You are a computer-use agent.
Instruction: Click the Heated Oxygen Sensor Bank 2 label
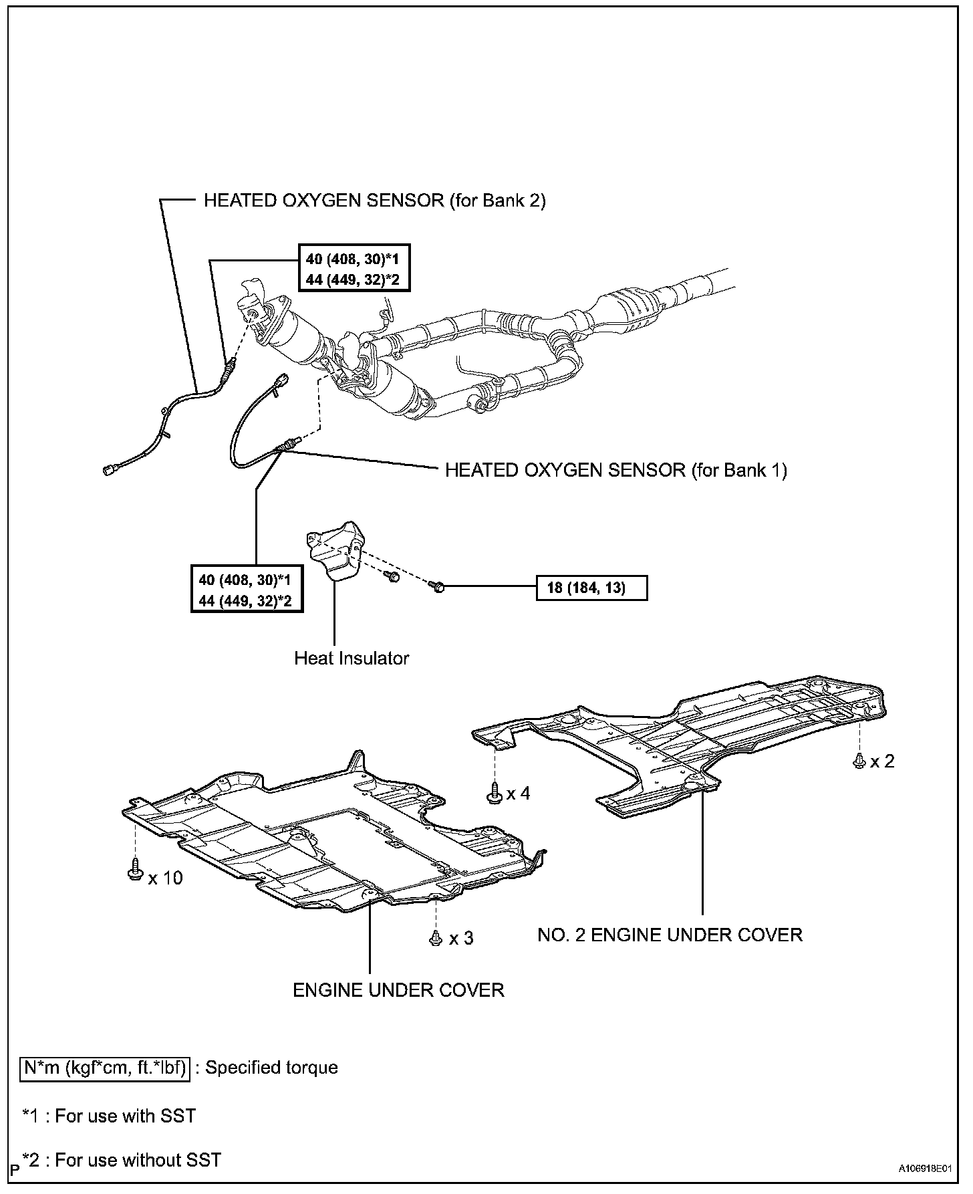tap(374, 201)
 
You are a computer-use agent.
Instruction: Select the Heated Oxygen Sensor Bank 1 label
tap(615, 471)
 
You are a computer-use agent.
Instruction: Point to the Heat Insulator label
tap(352, 659)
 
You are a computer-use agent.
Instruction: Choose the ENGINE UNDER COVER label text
tap(398, 990)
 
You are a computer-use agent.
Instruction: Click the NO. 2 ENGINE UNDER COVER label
tap(670, 935)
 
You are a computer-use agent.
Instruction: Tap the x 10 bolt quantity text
tap(165, 878)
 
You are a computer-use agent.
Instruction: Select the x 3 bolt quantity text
tap(461, 939)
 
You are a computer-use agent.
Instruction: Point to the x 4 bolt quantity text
tap(518, 794)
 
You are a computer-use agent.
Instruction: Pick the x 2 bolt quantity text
tap(882, 761)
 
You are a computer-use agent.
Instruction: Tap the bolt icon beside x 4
tap(495, 793)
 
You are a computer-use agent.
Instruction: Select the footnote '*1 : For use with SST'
tap(109, 1116)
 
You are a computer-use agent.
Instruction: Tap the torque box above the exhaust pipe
tap(352, 269)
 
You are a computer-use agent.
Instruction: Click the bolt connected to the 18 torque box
tap(438, 587)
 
